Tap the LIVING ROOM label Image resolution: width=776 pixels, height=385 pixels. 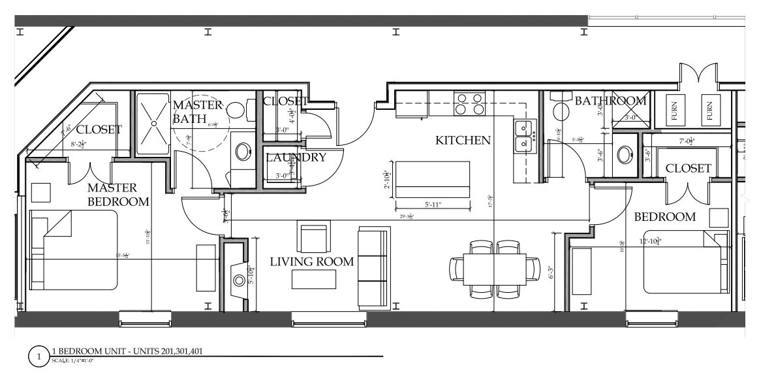pyautogui.click(x=312, y=262)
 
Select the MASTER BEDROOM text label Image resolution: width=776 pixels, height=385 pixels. pyautogui.click(x=118, y=195)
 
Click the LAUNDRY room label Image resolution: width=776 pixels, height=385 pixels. pyautogui.click(x=296, y=158)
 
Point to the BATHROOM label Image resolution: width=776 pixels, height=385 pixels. pyautogui.click(x=610, y=101)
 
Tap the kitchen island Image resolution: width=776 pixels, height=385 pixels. pyautogui.click(x=433, y=180)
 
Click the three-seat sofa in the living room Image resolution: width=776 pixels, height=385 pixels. pyautogui.click(x=373, y=268)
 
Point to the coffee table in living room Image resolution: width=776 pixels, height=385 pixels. pyautogui.click(x=314, y=279)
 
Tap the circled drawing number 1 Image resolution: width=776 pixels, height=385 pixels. pyautogui.click(x=39, y=358)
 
